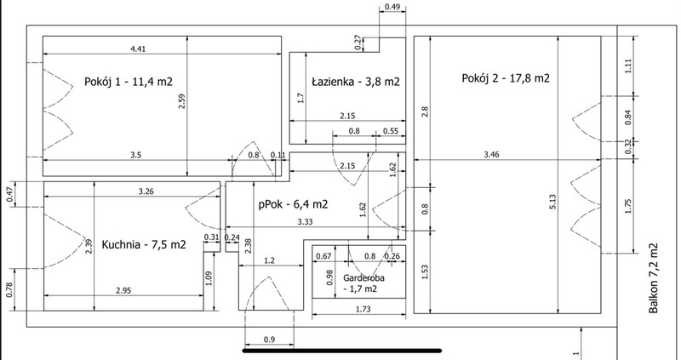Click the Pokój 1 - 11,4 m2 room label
point(129,82)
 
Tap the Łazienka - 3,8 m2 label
point(356,82)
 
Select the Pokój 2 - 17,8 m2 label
point(506,78)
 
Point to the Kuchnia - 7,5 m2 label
point(144,244)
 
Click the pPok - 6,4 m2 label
point(293,204)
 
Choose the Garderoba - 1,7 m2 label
point(363,283)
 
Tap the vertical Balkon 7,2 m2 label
point(654,278)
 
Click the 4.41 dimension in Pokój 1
point(138,49)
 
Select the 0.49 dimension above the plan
point(392,8)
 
